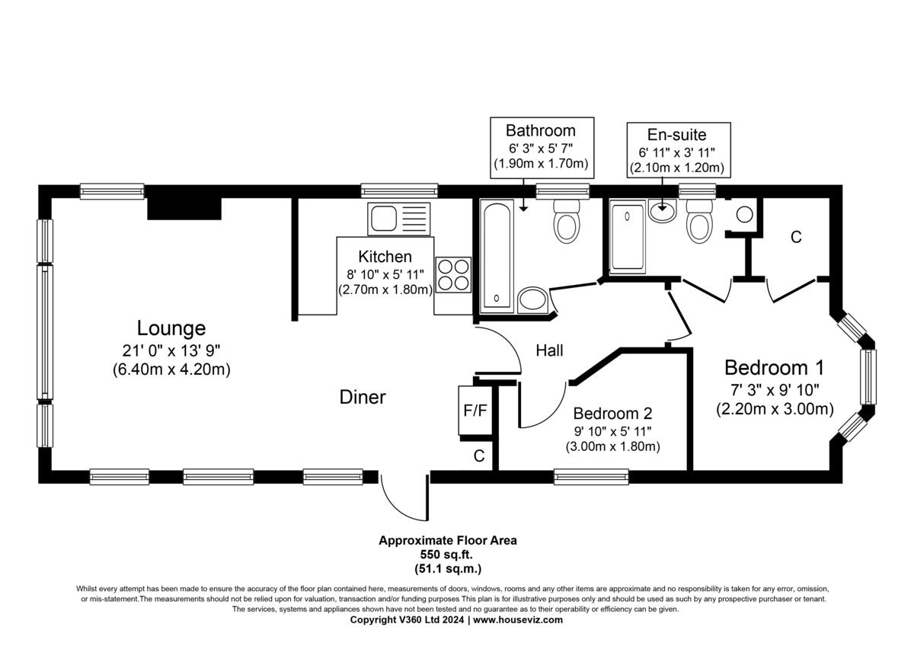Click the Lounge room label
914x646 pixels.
click(x=171, y=328)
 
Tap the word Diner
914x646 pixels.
click(x=363, y=397)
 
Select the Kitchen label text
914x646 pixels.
click(x=385, y=257)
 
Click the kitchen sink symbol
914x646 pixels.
click(x=398, y=219)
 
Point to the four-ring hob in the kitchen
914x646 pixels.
click(x=453, y=275)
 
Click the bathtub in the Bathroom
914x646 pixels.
click(x=496, y=256)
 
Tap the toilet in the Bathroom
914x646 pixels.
click(x=567, y=221)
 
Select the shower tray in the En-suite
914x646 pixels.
click(x=628, y=237)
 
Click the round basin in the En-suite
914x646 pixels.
click(x=662, y=210)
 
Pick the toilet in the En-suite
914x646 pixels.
click(x=699, y=221)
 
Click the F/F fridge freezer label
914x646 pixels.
click(x=475, y=411)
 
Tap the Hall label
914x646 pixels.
click(x=549, y=350)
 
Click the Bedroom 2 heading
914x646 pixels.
click(x=612, y=414)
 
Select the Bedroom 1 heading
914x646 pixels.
click(x=774, y=368)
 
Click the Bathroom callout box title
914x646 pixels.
click(x=541, y=130)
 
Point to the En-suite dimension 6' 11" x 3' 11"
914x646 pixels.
click(x=677, y=152)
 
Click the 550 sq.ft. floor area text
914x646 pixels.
click(x=447, y=555)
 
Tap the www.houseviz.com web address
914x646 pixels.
click(x=518, y=620)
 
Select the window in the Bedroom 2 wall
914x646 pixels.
click(x=591, y=477)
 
